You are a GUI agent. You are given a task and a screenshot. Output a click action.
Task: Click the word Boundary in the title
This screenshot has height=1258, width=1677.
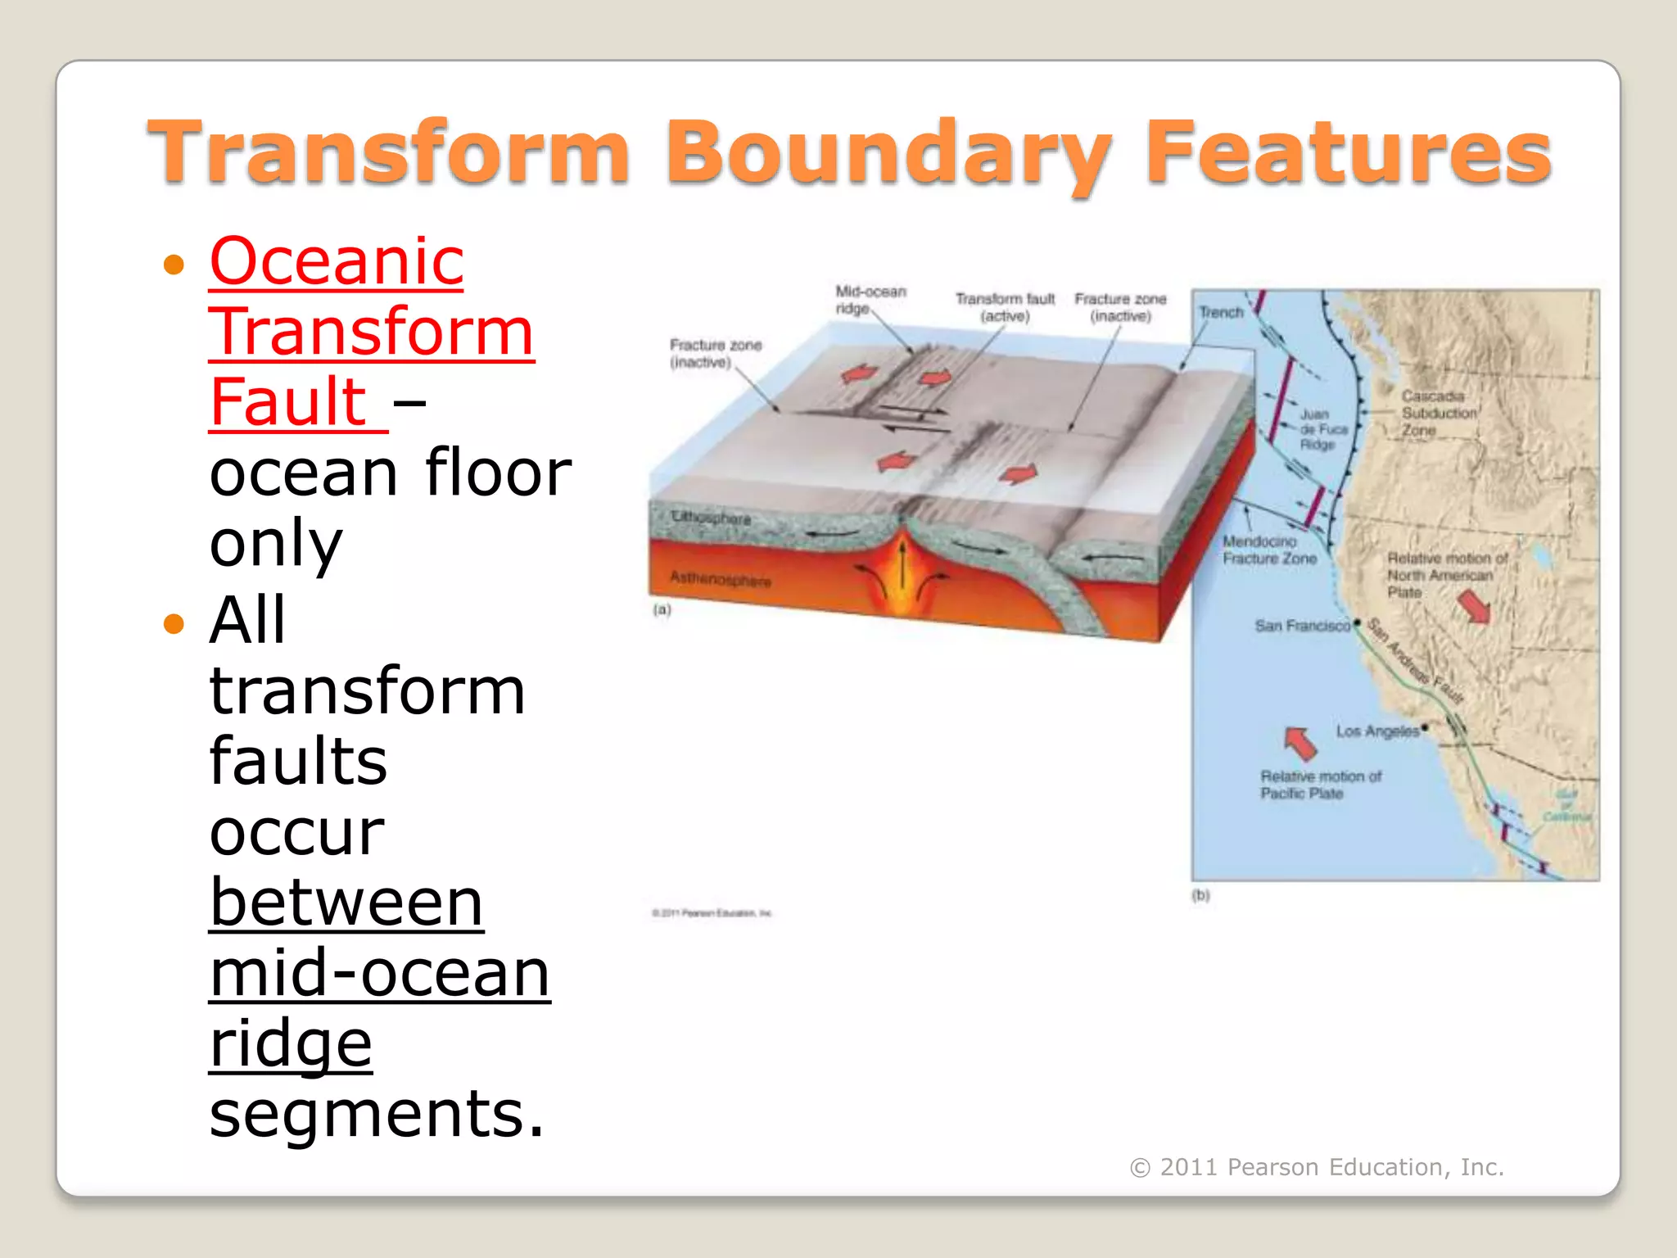888,154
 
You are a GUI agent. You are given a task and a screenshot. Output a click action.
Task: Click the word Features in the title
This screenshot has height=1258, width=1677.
1347,152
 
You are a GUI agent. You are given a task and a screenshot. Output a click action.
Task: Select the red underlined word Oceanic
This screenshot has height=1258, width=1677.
337,261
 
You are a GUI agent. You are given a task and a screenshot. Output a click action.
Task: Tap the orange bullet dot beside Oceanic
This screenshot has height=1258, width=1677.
174,265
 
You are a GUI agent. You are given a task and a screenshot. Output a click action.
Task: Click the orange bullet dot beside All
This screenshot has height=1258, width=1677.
174,624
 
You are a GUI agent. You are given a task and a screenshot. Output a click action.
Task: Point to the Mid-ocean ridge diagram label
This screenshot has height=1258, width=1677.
870,300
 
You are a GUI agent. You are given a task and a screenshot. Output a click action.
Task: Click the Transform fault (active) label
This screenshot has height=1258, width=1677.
1005,307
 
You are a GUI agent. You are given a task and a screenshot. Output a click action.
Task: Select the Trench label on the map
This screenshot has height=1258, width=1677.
1221,313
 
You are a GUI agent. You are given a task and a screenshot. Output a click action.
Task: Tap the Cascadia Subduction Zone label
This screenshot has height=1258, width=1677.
1438,413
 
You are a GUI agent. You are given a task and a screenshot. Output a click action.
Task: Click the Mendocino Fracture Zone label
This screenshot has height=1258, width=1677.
1268,550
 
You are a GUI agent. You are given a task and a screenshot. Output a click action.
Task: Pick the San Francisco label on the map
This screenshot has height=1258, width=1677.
1302,626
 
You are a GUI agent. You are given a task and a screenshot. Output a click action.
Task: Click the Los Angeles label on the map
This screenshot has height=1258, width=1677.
1377,731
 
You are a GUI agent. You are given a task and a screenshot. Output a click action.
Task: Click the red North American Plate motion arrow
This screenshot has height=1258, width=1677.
1474,607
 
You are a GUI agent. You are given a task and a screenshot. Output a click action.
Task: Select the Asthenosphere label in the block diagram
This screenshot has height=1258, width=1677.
721,579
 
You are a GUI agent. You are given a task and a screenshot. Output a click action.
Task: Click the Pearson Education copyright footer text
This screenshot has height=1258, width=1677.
1317,1167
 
